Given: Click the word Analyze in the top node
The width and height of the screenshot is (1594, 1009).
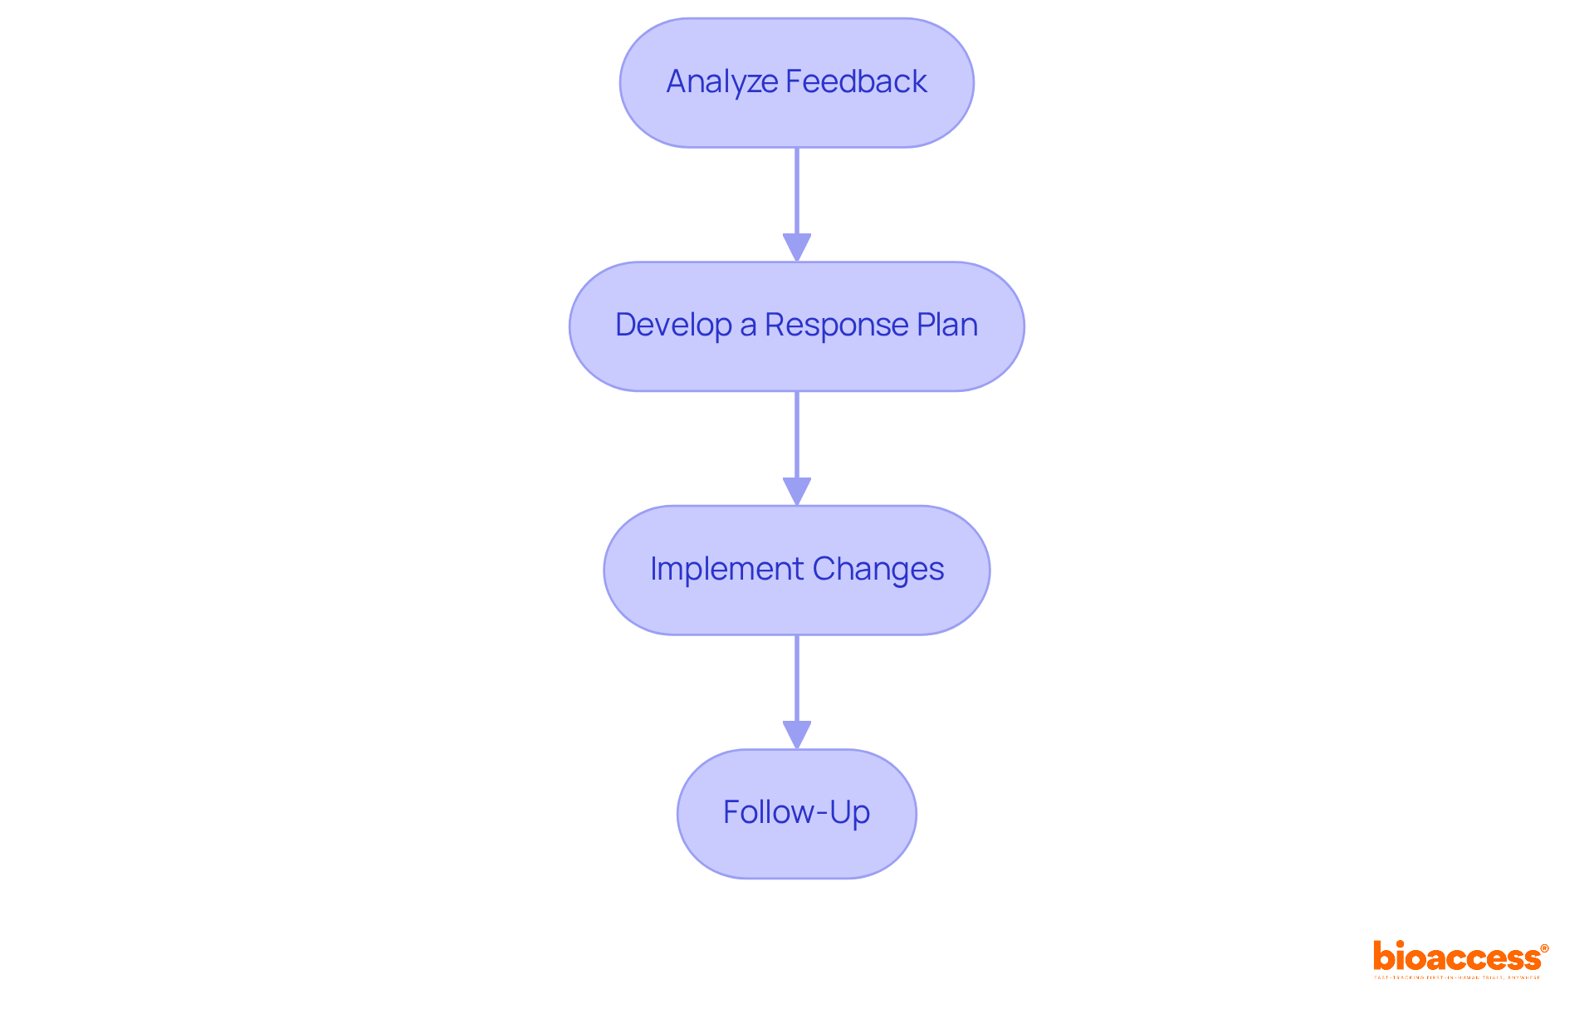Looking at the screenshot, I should coord(721,82).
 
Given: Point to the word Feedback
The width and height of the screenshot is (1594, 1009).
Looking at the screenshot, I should coord(856,81).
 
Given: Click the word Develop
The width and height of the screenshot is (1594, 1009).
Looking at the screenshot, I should coord(673,325).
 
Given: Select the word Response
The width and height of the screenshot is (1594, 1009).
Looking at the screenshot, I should coord(836,325).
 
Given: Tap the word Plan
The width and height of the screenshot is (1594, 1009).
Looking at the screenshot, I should coord(947,325).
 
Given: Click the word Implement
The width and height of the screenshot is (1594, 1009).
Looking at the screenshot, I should coord(726,569).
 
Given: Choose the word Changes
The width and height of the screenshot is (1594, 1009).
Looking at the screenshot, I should coord(878,569).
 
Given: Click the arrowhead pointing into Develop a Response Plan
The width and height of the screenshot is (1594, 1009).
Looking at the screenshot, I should coord(797,247).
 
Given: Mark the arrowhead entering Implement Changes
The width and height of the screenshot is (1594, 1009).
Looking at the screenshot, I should coord(797,491).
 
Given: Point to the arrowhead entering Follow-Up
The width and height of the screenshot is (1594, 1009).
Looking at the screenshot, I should coord(797,735).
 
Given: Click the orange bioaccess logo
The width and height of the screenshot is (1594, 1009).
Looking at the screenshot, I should coord(1456,958).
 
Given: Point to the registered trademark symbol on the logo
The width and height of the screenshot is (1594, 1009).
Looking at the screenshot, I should coord(1544,948).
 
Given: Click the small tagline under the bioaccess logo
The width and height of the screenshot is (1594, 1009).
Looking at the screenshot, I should coord(1457,977).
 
